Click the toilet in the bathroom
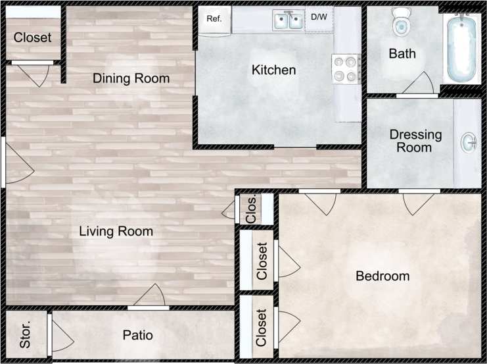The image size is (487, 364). click(x=400, y=24)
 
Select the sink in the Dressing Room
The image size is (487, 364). click(x=469, y=142)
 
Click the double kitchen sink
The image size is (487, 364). click(x=289, y=21)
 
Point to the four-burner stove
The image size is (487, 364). click(x=346, y=68)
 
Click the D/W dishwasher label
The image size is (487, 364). click(x=319, y=17)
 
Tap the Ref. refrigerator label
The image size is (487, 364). click(x=214, y=18)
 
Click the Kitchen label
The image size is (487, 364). click(x=273, y=70)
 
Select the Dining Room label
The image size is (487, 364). click(x=131, y=78)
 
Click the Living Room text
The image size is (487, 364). click(x=116, y=231)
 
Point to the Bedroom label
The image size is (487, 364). click(x=382, y=276)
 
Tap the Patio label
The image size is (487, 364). click(x=138, y=335)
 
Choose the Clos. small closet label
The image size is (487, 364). click(x=251, y=208)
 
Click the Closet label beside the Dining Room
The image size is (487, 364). click(x=32, y=38)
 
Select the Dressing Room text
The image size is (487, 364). click(x=415, y=141)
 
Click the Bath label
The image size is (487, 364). click(x=402, y=53)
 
